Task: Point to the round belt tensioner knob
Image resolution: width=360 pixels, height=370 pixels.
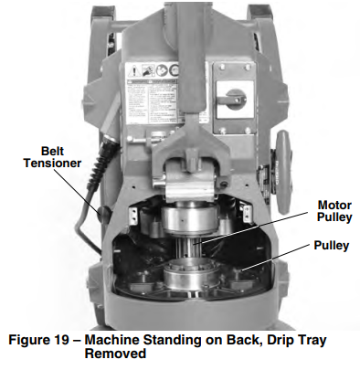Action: (x=103, y=216)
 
